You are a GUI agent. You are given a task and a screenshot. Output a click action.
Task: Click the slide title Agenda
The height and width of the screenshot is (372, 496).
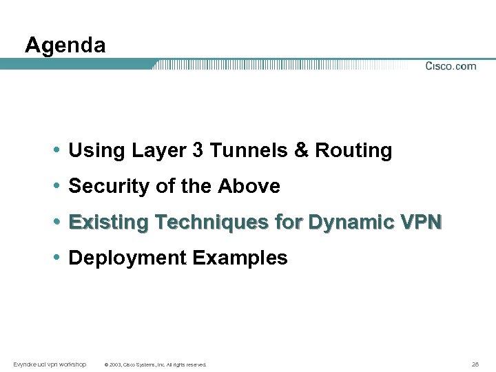pos(65,45)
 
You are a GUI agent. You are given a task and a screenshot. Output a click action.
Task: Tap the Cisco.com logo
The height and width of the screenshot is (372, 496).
pos(451,66)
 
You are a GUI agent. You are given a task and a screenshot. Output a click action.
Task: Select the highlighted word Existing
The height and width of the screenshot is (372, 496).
pos(110,223)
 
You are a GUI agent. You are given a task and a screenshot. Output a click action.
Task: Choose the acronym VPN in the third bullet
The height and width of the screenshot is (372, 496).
pos(420,223)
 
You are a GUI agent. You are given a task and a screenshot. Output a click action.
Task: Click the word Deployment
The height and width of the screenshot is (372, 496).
pos(128,258)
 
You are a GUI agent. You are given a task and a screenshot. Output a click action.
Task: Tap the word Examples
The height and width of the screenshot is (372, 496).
pos(240,258)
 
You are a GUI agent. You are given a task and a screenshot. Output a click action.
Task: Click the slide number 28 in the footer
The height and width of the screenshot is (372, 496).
pos(475,364)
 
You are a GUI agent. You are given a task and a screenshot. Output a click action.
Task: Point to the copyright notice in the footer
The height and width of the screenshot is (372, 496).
pos(154,364)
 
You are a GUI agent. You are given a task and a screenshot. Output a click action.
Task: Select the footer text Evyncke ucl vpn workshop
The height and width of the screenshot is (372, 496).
pos(50,364)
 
